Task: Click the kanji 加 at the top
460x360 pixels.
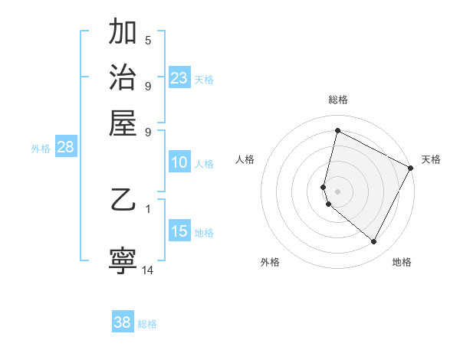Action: pos(123,33)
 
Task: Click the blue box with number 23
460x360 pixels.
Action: pos(179,78)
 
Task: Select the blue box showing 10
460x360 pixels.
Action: pos(179,162)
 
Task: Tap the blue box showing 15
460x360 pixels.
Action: pos(179,231)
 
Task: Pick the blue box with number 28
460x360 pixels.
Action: pos(65,148)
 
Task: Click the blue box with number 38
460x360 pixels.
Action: pos(122,322)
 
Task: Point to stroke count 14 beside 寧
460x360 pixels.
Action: pos(148,270)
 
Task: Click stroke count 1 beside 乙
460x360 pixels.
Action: pos(148,208)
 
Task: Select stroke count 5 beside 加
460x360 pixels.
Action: pos(148,40)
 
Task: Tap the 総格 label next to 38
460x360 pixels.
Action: pos(147,324)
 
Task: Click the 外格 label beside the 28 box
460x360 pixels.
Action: pos(41,149)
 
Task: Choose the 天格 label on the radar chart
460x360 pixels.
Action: pos(431,159)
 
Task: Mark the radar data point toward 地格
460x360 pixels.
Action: pos(374,242)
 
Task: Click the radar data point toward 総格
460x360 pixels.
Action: pos(337,131)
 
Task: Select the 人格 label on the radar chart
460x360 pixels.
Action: pos(245,159)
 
